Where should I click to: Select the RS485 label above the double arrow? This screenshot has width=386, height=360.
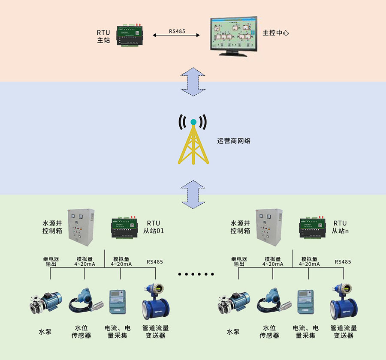pyautogui.click(x=177, y=31)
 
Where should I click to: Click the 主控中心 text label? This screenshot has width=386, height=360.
pyautogui.click(x=276, y=33)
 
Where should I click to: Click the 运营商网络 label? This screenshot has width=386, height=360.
pyautogui.click(x=233, y=141)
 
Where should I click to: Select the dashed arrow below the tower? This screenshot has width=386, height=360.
pyautogui.click(x=193, y=194)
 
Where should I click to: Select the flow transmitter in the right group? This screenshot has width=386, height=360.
pyautogui.click(x=344, y=302)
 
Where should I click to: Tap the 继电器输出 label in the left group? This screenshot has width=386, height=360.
pyautogui.click(x=51, y=261)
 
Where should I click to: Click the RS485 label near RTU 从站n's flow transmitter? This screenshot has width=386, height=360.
pyautogui.click(x=343, y=261)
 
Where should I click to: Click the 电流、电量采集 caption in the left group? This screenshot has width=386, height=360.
pyautogui.click(x=115, y=332)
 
